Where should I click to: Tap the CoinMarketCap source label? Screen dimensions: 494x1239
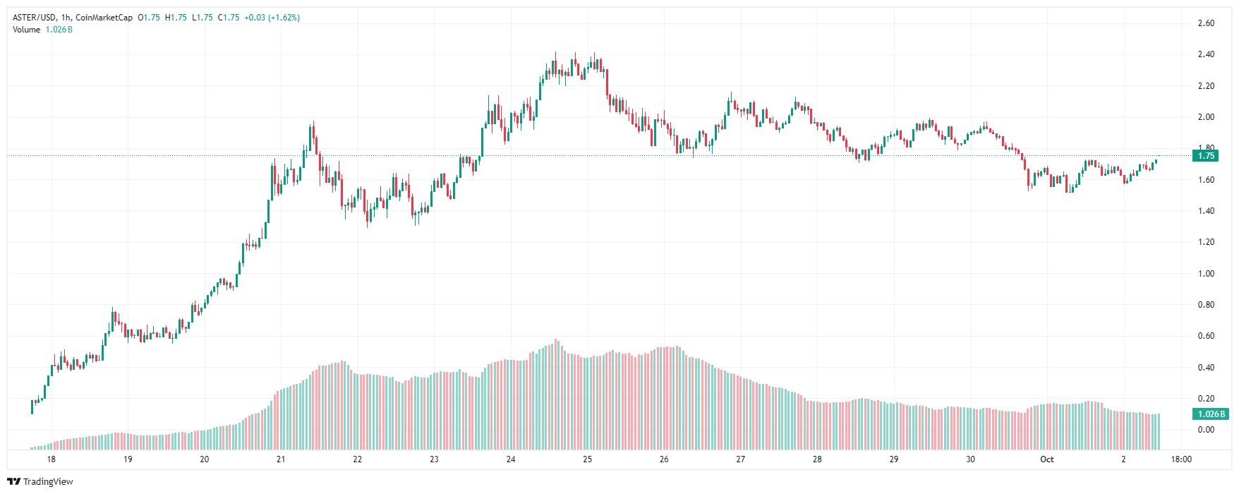pos(104,18)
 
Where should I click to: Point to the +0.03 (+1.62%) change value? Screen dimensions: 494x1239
pos(272,18)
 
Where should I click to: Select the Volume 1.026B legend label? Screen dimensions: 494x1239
pos(42,30)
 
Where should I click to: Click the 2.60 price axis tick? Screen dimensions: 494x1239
pos(1206,23)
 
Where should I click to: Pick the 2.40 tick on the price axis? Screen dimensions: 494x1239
pos(1206,54)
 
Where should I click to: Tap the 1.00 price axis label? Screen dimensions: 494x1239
pos(1206,274)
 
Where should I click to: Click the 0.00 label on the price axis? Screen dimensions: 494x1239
pos(1206,430)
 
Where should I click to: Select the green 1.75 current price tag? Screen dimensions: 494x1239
pos(1206,156)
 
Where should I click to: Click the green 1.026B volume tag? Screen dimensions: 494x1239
pos(1210,414)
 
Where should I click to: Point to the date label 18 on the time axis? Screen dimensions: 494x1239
pos(52,459)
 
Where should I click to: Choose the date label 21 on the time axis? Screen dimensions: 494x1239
pos(281,459)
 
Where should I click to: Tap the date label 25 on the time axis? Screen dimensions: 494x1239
pos(587,459)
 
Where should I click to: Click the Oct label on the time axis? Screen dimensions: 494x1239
pos(1047,459)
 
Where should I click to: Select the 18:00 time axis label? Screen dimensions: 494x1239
pos(1181,459)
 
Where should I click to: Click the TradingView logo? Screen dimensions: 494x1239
pos(40,482)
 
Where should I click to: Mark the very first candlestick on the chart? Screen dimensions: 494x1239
pos(32,406)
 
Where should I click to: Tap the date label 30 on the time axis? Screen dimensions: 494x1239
pos(970,459)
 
